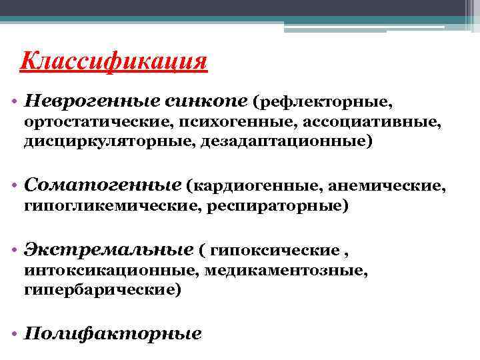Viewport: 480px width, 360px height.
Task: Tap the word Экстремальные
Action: coord(107,249)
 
